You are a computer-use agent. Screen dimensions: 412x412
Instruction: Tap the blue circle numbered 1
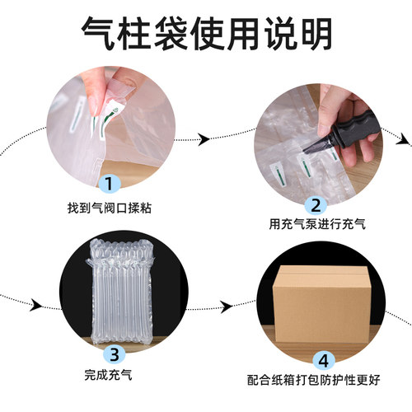(x=112, y=183)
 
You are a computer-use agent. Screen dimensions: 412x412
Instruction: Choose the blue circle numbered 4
(x=324, y=360)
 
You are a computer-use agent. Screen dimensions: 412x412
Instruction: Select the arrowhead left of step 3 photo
(x=37, y=305)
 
